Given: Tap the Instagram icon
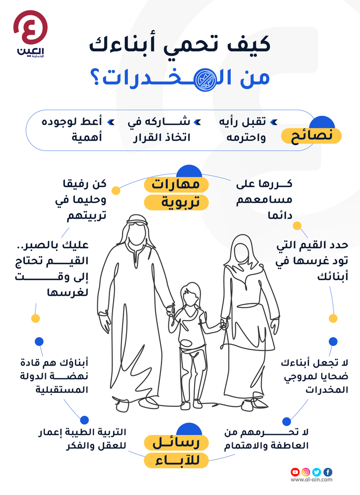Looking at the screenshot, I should pyautogui.click(x=306, y=472).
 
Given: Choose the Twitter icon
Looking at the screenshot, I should pyautogui.click(x=316, y=472).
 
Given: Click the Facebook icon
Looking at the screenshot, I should pyautogui.click(x=328, y=472).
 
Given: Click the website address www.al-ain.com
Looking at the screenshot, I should pyautogui.click(x=311, y=480).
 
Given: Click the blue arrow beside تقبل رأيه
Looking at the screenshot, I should pyautogui.click(x=274, y=122).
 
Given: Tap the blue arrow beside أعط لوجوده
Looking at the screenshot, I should pyautogui.click(x=111, y=122).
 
